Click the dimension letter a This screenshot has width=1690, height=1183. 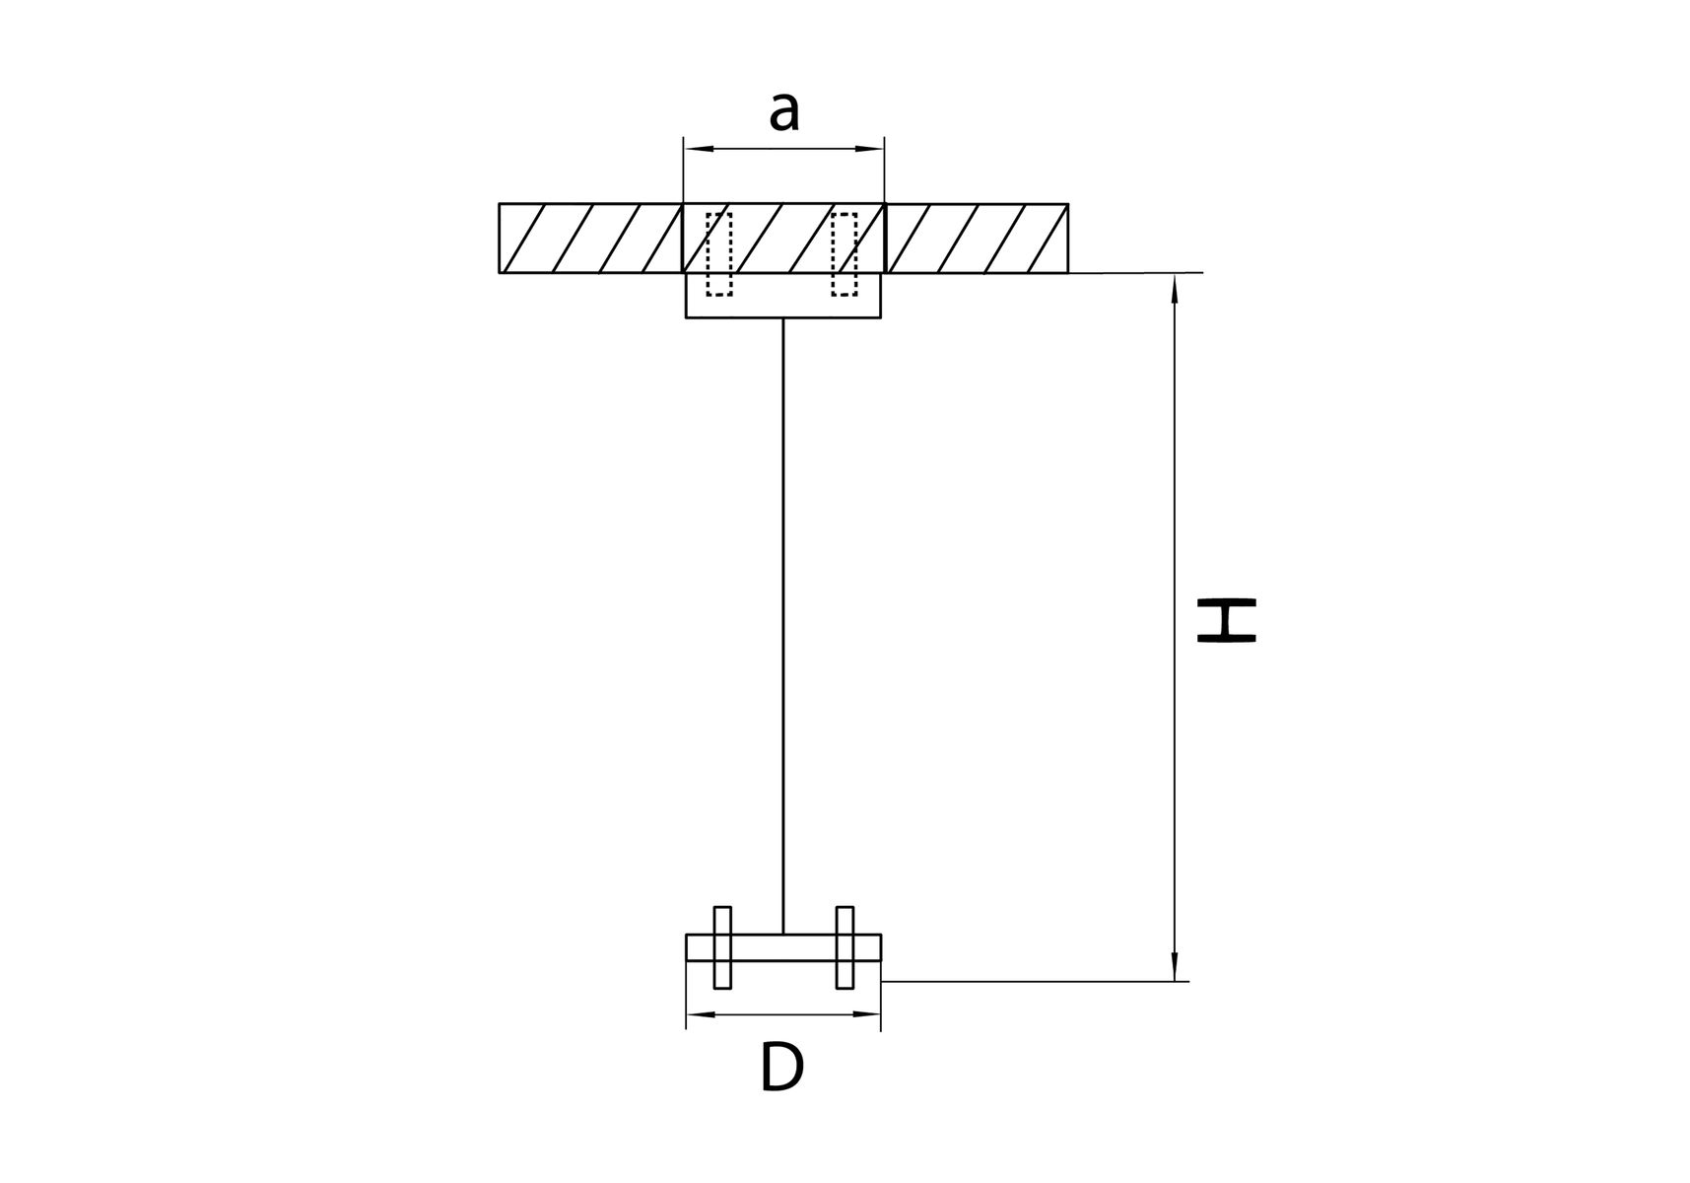(x=784, y=111)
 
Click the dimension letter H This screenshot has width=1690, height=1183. (x=1226, y=620)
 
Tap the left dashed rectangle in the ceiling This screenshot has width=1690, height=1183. (x=719, y=253)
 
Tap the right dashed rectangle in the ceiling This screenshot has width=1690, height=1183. (x=845, y=253)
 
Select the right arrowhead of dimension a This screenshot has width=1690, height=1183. (x=871, y=149)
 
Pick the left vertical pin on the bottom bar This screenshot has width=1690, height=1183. (x=723, y=946)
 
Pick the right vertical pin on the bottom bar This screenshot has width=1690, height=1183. (x=845, y=946)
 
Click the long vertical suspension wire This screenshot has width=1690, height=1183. (x=783, y=626)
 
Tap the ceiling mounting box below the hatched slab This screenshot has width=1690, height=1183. (x=783, y=295)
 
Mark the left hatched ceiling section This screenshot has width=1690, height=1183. (x=590, y=238)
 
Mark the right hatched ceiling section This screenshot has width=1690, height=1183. (x=977, y=238)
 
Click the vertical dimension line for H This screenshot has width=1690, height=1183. (x=1174, y=628)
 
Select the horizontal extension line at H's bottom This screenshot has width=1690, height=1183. (x=1035, y=982)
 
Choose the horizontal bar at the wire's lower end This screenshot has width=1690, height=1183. (x=783, y=947)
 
